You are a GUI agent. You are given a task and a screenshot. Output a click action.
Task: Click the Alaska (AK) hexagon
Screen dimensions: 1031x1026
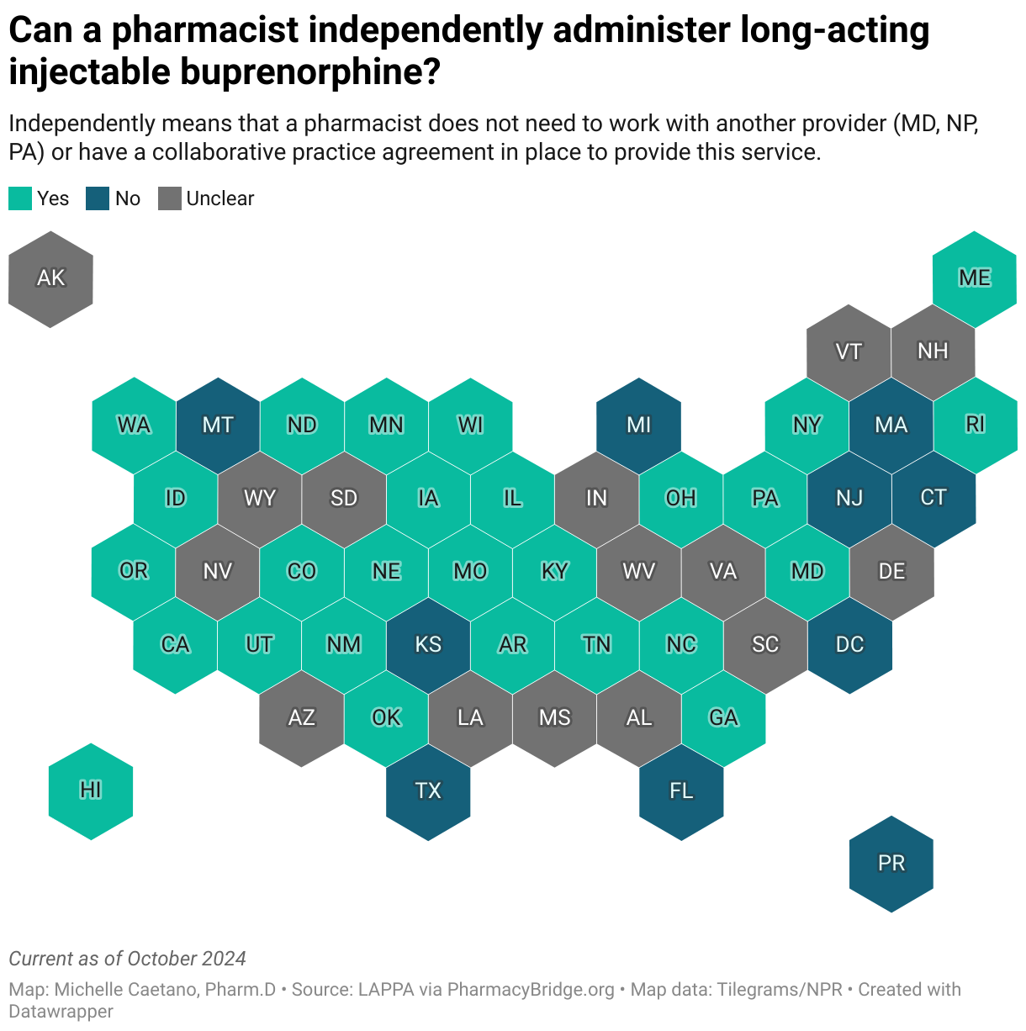point(50,279)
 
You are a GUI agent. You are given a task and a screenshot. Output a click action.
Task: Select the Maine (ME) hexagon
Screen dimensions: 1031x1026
point(975,279)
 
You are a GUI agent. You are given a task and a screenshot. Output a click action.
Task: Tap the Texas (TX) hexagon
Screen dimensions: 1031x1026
point(428,791)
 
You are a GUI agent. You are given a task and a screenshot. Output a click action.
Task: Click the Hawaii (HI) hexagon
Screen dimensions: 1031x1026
point(91,791)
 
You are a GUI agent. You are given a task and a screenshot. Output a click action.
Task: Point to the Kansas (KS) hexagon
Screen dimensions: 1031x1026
point(428,645)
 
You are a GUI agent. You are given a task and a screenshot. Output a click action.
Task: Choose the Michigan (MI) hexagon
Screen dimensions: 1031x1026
point(638,426)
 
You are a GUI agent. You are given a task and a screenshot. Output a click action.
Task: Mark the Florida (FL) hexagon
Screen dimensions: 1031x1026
point(681,791)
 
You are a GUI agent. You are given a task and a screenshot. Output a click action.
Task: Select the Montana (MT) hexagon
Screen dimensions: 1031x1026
point(218,426)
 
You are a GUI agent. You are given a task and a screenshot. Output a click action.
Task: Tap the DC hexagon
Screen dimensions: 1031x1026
point(849,645)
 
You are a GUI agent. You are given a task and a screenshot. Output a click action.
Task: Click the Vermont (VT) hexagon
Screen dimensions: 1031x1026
point(849,352)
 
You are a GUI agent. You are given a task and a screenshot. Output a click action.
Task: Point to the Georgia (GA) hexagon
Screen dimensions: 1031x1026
point(723,718)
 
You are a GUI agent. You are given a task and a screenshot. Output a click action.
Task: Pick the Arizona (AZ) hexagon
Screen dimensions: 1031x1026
point(301,718)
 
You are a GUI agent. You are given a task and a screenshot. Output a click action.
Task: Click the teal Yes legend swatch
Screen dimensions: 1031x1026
point(20,198)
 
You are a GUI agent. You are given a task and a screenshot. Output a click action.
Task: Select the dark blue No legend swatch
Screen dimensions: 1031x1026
point(98,198)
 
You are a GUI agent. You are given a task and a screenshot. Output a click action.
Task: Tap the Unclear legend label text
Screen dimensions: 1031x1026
point(219,198)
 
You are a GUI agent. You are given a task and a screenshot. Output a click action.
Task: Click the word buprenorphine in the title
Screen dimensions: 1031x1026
point(306,72)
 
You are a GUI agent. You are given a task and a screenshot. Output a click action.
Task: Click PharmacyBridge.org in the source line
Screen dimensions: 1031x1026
point(531,990)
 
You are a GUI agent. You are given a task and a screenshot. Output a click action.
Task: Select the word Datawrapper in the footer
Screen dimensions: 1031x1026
point(61,1011)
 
